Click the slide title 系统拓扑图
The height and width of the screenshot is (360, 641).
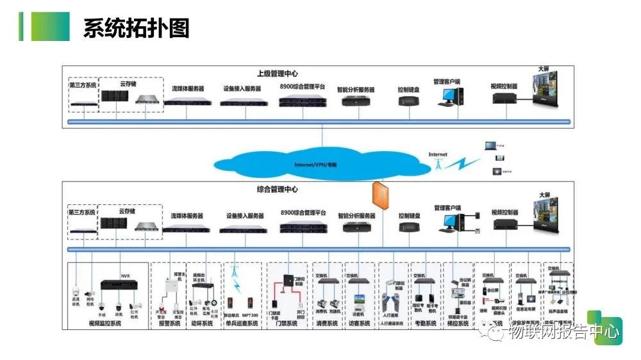coord(136,28)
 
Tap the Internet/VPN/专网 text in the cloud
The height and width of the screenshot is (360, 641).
coord(315,165)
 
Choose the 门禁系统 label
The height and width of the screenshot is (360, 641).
coord(287,323)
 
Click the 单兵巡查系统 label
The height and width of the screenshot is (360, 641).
coord(240,323)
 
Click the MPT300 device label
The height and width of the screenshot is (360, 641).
coord(250,315)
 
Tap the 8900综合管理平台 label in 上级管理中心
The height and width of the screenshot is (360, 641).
coord(303,86)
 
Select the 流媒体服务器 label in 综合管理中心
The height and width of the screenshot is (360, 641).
coord(187,216)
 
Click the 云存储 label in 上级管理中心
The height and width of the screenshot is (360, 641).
coord(128,83)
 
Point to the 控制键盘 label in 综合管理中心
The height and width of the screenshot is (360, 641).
coord(409,216)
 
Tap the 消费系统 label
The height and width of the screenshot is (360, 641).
coord(328,323)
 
